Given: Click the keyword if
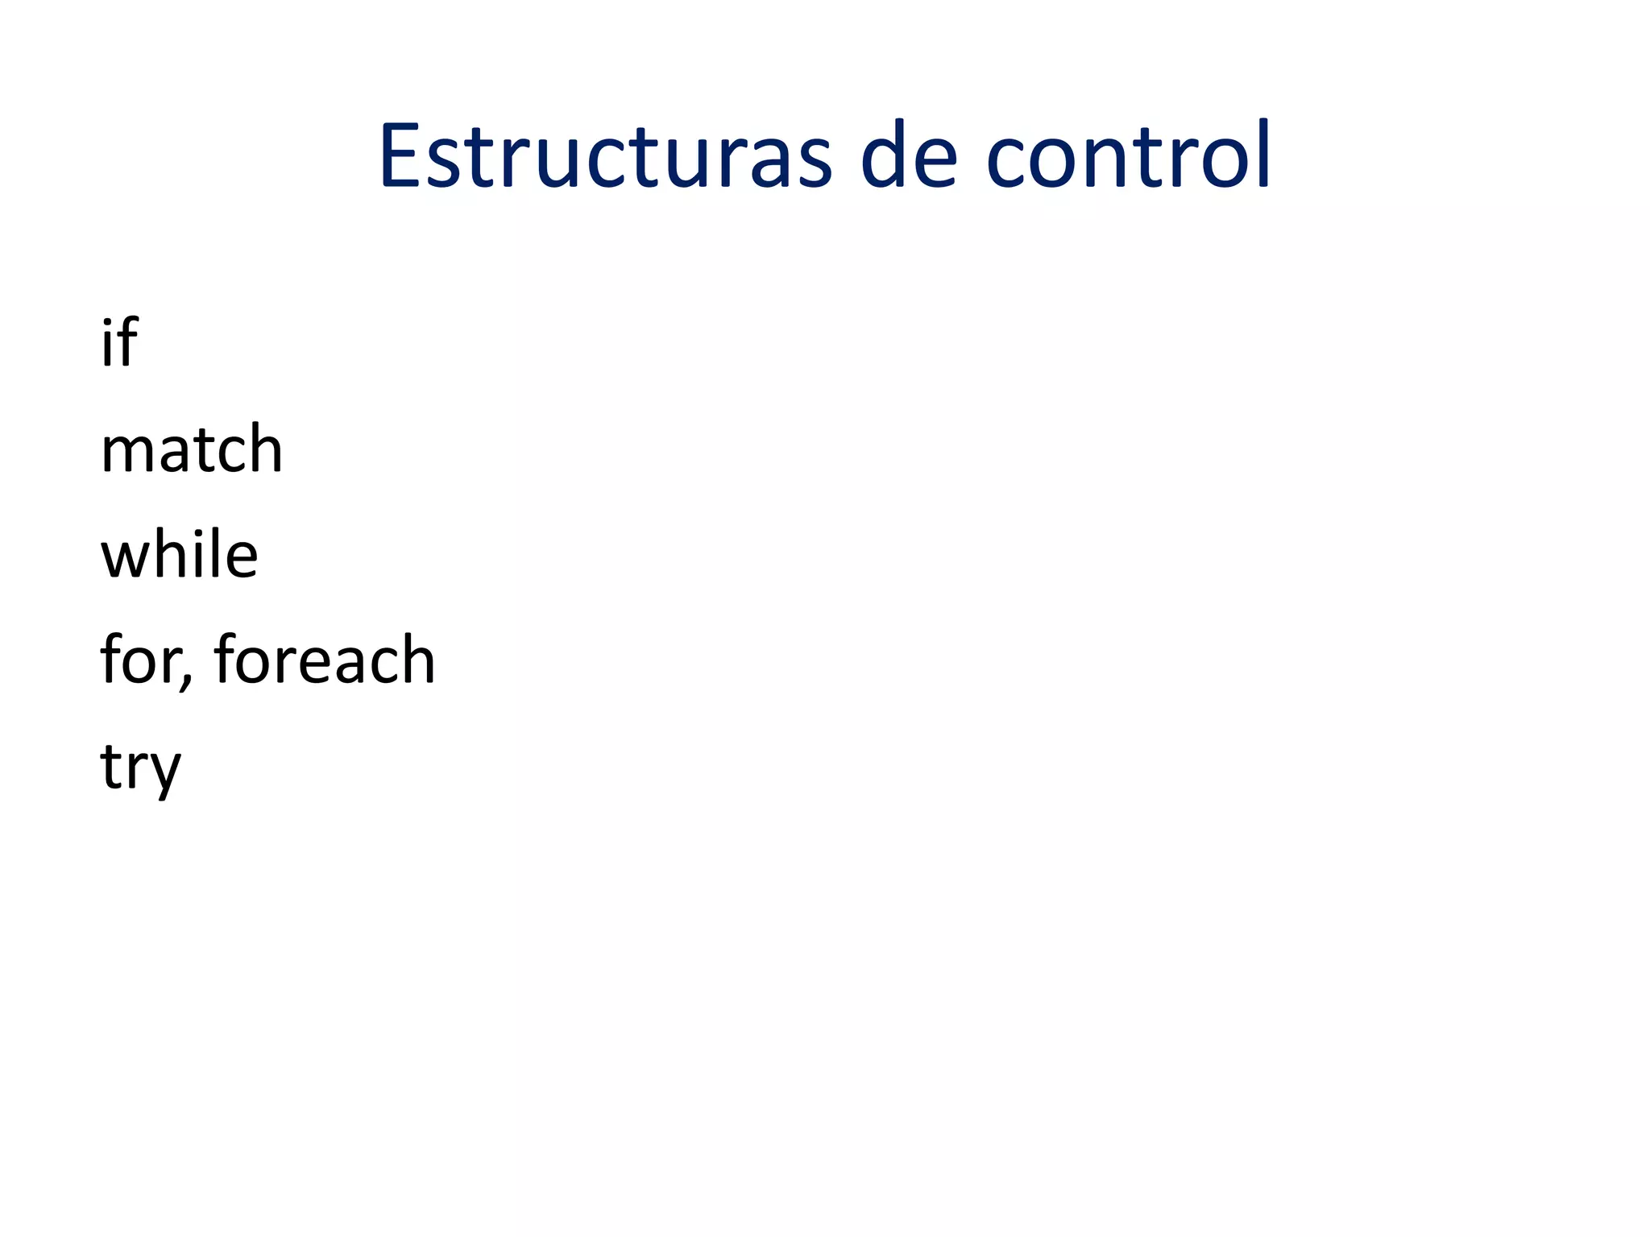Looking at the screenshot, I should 118,343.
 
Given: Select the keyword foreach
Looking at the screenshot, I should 324,660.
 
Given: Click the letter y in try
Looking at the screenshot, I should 164,773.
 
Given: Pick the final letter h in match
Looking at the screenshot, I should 265,449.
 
